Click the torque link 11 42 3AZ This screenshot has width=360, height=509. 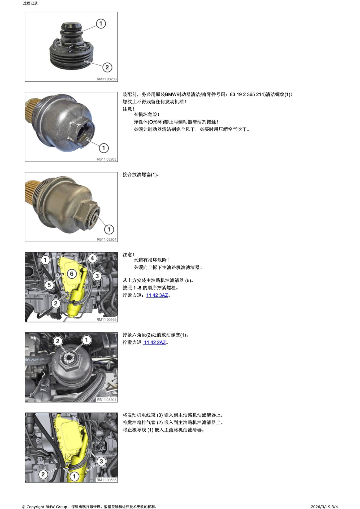(157, 295)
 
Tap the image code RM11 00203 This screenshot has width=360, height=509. (107, 79)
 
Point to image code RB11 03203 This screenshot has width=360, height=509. (107, 159)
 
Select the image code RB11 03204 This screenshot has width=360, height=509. (107, 239)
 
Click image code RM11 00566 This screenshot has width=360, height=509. (107, 319)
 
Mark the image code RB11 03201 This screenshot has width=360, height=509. (107, 400)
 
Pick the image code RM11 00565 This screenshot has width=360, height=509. (107, 480)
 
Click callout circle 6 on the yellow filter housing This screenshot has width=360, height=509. (72, 274)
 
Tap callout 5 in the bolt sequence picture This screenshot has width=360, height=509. (49, 285)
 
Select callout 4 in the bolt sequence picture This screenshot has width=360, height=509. (92, 258)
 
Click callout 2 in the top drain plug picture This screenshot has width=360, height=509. (107, 67)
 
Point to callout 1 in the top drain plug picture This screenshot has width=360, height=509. (101, 24)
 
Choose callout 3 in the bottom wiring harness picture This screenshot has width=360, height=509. (101, 461)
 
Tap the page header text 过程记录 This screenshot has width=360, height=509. (31, 3)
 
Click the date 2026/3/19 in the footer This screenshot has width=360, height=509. (321, 507)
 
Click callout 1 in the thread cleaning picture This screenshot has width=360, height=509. (104, 148)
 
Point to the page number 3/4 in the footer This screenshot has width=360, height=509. (335, 507)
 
